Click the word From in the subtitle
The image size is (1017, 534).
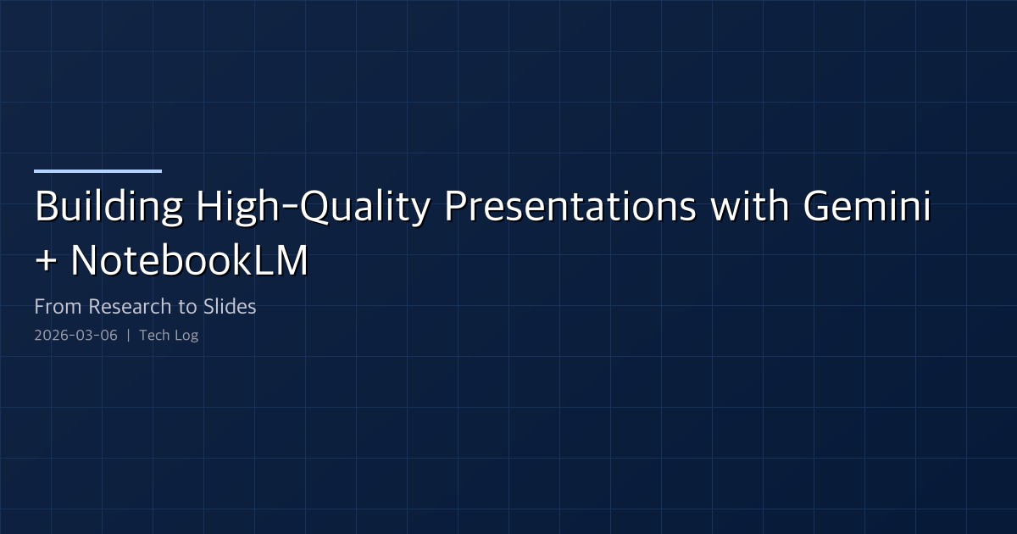tap(58, 307)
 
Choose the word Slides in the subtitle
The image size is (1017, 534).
tap(231, 307)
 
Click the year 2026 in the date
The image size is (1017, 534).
tap(49, 336)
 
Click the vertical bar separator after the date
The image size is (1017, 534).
tap(128, 336)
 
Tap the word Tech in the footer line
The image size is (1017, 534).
tap(153, 336)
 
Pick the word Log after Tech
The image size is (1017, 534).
tap(186, 336)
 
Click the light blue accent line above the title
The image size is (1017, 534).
tap(97, 171)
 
